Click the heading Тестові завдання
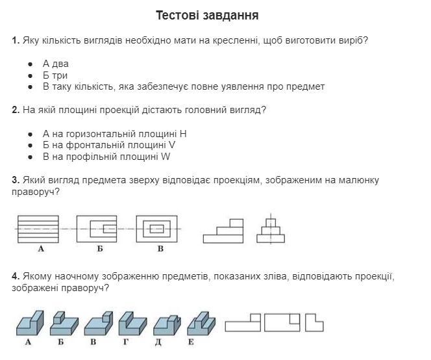[x=207, y=15]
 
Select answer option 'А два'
[x=55, y=64]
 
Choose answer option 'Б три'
[x=55, y=75]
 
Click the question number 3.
[x=15, y=180]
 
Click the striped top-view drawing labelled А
[x=38, y=229]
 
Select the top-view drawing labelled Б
[x=97, y=229]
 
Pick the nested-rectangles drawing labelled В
[x=156, y=229]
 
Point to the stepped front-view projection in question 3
[x=224, y=231]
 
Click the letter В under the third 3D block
[x=93, y=342]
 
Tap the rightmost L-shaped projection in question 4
[x=314, y=322]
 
